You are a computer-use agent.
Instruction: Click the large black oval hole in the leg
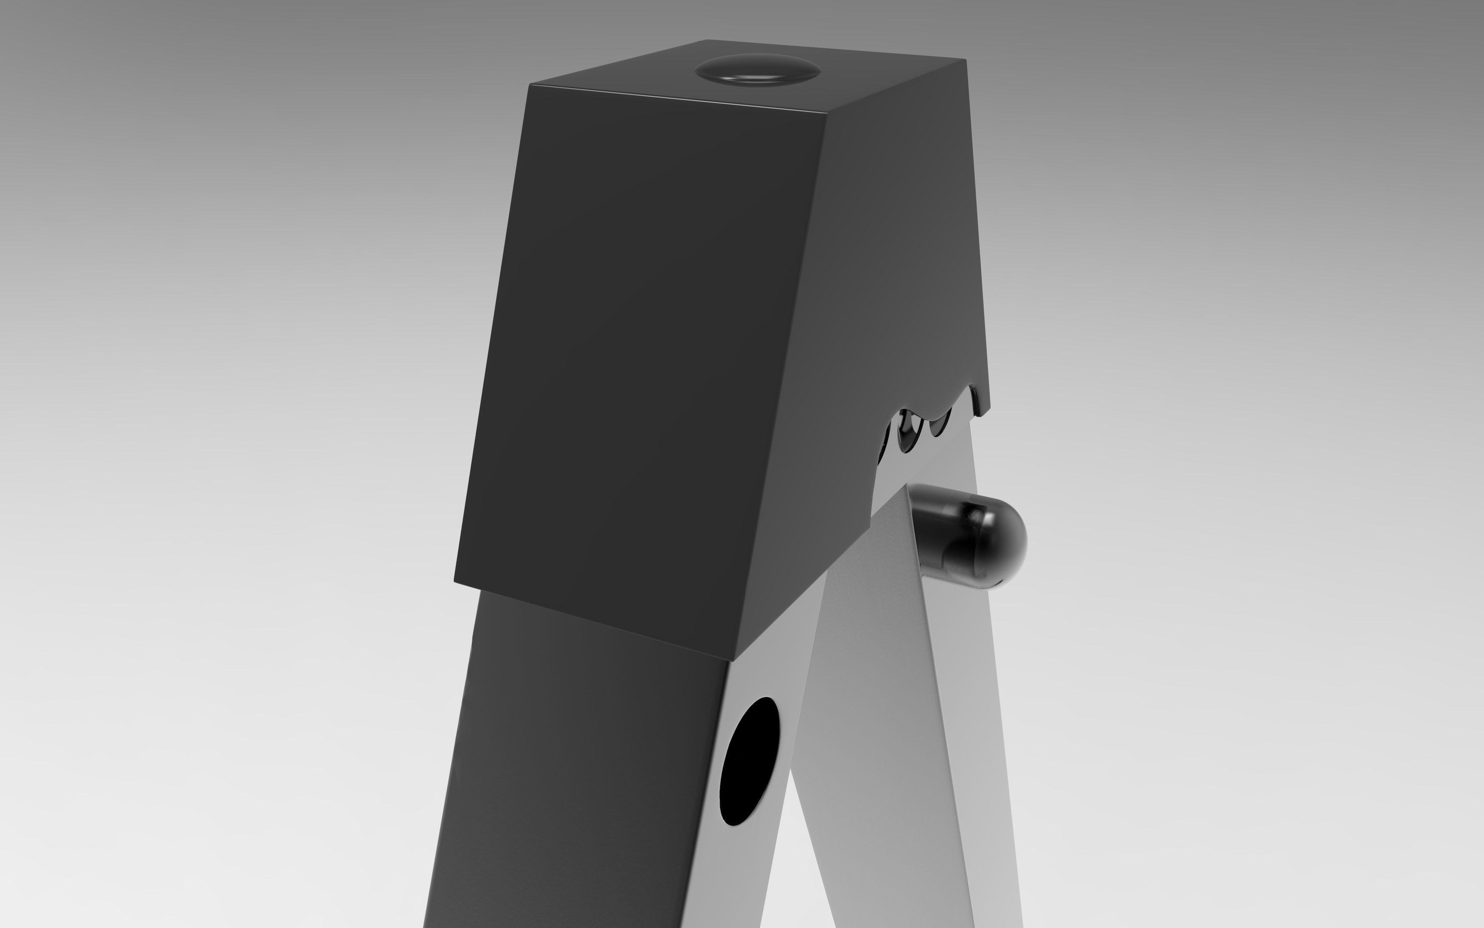pos(749,761)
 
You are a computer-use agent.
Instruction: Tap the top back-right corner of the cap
pos(965,60)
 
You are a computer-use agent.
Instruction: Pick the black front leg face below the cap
pos(583,767)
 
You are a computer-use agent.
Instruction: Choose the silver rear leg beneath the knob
pos(958,737)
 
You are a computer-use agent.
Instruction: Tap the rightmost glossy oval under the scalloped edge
pos(939,424)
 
